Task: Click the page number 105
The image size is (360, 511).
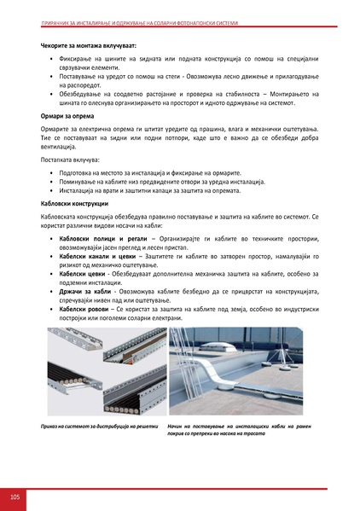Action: tap(15, 495)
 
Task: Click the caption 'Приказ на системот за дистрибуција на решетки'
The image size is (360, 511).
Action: tap(99, 424)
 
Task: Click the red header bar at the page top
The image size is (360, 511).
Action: tap(180, 20)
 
